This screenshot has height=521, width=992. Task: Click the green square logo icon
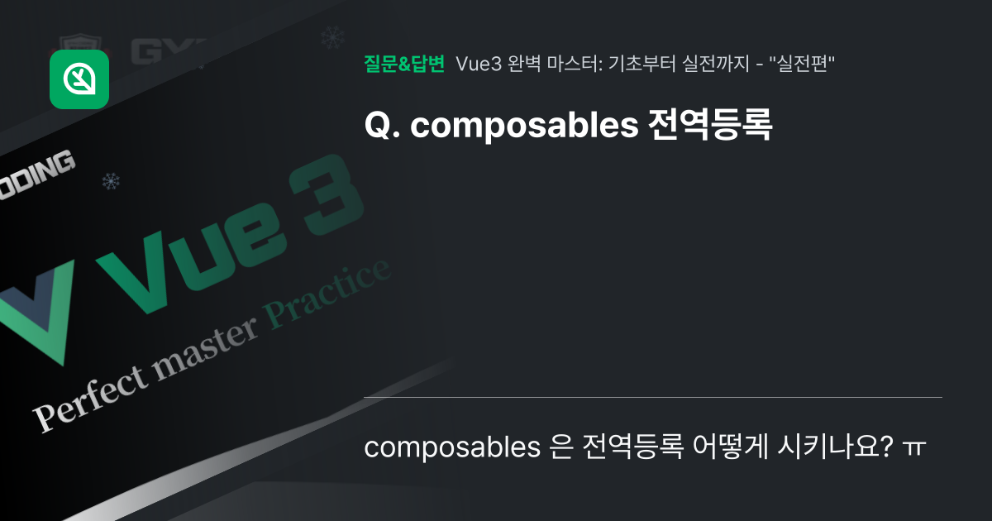79,79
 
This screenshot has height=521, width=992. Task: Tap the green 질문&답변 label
404,64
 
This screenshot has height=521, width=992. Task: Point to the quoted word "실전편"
805,64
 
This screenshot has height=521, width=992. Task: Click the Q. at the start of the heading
381,126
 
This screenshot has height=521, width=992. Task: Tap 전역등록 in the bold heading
708,126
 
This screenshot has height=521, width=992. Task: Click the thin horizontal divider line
652,398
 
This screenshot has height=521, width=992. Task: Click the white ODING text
37,171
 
